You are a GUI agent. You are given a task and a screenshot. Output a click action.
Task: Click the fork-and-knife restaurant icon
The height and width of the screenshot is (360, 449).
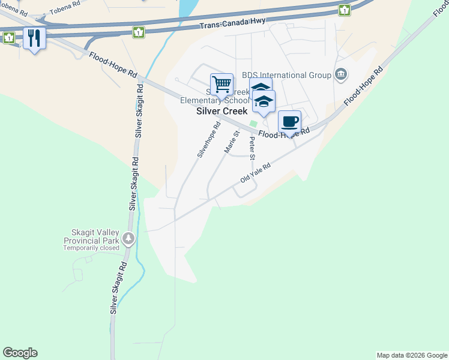[34, 38]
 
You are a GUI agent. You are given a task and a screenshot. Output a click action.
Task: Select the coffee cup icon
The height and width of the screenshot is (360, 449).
[289, 121]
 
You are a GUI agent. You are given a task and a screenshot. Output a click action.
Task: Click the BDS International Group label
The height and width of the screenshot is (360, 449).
[286, 75]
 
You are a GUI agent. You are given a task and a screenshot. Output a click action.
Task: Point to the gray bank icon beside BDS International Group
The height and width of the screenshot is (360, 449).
[341, 74]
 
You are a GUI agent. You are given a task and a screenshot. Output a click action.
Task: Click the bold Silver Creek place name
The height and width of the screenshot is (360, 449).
[222, 112]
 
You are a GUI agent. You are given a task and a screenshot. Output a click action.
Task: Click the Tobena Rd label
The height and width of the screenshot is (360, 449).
[65, 7]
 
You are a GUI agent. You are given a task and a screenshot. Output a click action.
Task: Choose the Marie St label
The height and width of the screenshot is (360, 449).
[232, 142]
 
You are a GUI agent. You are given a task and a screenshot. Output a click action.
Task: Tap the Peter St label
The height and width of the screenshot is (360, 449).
[253, 148]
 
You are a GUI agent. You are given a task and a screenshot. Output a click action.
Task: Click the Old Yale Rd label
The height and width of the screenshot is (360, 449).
[256, 173]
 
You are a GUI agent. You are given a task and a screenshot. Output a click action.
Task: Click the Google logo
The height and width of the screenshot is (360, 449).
[20, 353]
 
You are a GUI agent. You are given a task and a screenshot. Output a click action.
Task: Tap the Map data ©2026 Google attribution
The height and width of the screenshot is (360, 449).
[412, 355]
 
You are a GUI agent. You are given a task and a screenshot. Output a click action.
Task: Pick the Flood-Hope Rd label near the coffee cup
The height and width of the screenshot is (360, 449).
[283, 133]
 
